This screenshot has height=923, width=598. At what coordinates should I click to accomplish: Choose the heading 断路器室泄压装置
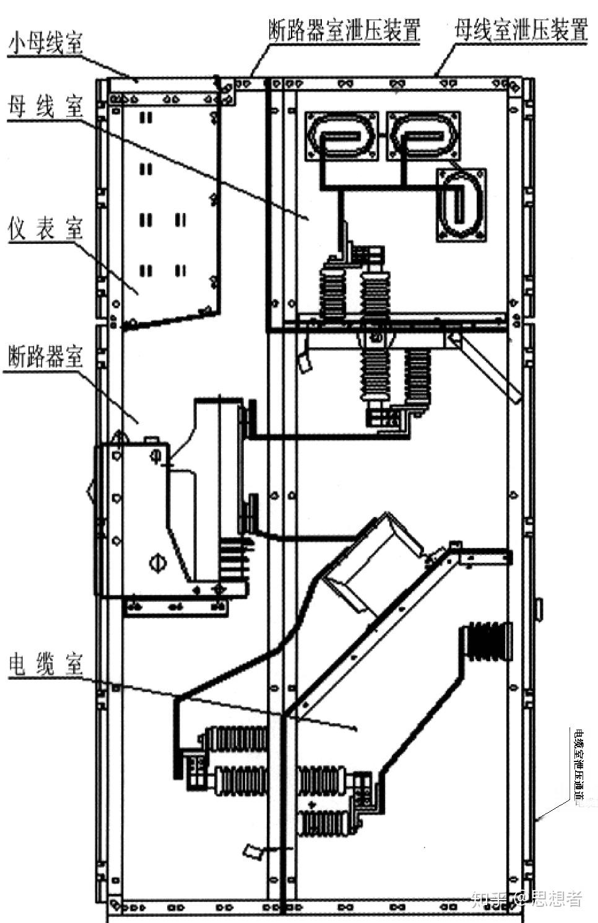coord(344,29)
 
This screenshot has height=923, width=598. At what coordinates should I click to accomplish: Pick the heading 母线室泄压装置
coord(520,29)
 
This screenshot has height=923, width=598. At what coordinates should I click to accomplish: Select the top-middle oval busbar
coord(423,134)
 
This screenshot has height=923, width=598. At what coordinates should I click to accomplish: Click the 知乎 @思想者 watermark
coord(526,898)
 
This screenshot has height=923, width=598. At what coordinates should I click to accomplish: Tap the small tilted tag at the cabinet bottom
coord(254,852)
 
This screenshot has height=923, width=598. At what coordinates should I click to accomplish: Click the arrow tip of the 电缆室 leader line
coord(356,729)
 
